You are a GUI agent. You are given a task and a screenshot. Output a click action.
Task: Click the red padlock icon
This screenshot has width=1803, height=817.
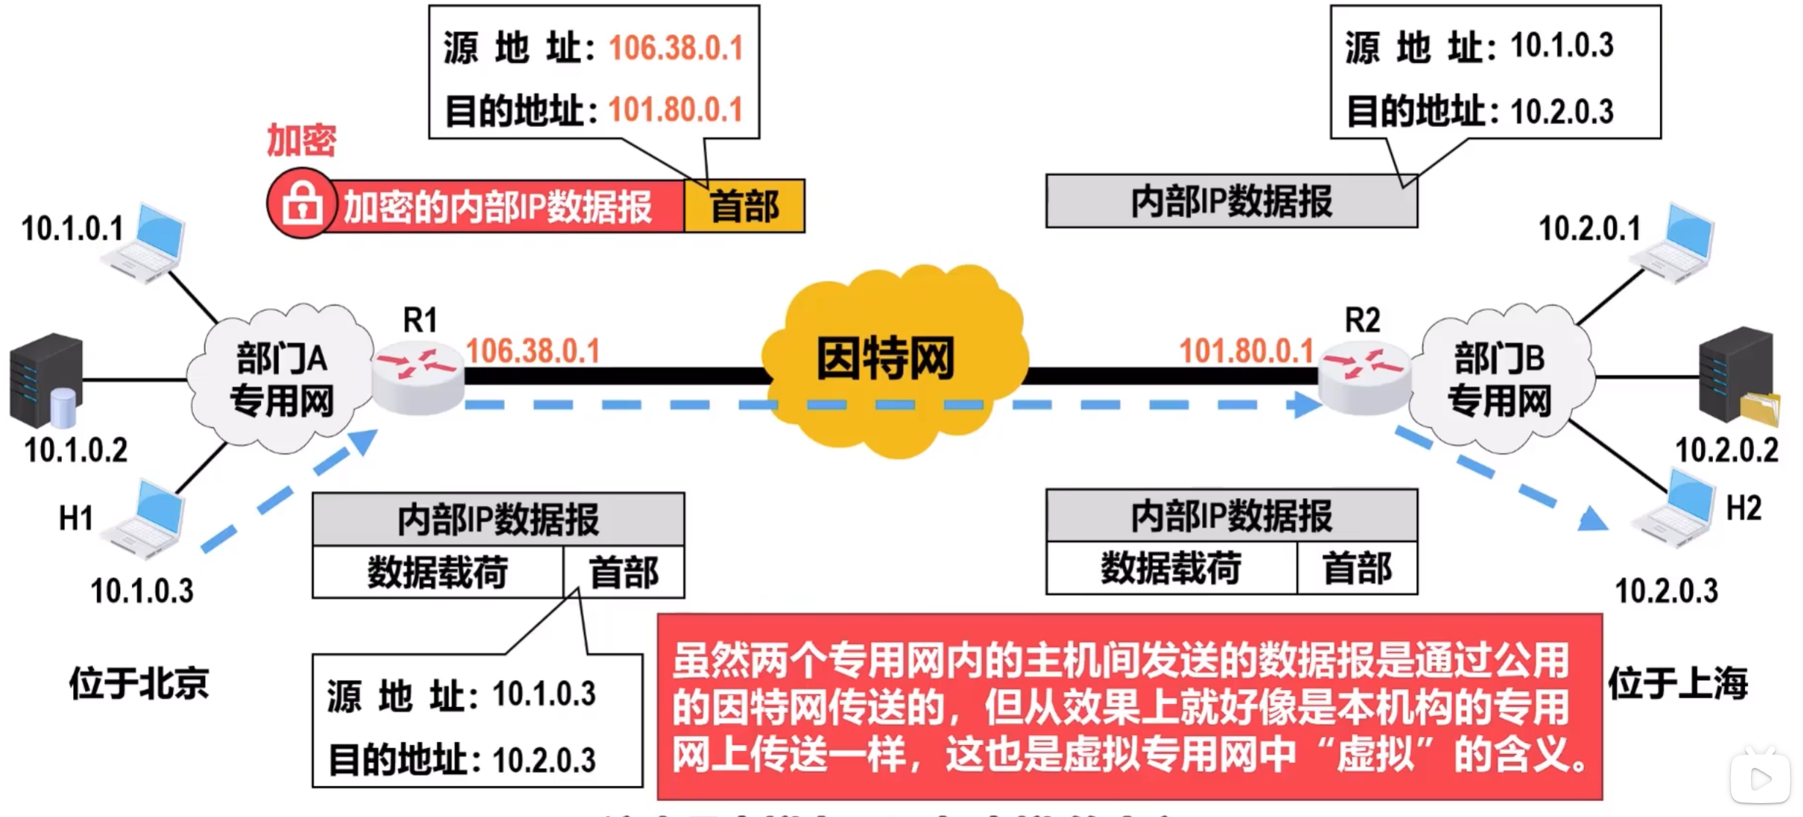pos(301,204)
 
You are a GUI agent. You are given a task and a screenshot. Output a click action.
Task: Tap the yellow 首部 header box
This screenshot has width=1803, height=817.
pos(744,206)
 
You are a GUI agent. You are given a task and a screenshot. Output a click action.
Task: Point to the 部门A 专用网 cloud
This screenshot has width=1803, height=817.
pos(281,378)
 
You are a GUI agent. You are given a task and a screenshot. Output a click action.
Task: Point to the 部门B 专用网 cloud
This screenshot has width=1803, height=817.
pos(1499,378)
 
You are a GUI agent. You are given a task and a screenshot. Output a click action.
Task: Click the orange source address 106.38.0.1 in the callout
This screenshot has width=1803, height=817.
pos(676,48)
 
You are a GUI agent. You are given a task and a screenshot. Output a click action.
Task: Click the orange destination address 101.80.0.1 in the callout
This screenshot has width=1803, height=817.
pos(676,110)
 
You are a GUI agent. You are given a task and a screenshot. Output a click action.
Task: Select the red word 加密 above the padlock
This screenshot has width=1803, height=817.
pos(301,140)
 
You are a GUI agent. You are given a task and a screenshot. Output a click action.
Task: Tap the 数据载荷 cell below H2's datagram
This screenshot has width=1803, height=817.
pos(1170,568)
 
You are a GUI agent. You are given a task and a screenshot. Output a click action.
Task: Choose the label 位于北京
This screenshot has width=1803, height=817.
pos(139,684)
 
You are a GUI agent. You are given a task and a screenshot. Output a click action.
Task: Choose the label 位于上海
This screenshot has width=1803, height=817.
pos(1678,684)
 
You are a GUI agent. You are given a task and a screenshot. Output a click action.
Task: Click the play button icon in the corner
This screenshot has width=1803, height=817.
pos(1760,779)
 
